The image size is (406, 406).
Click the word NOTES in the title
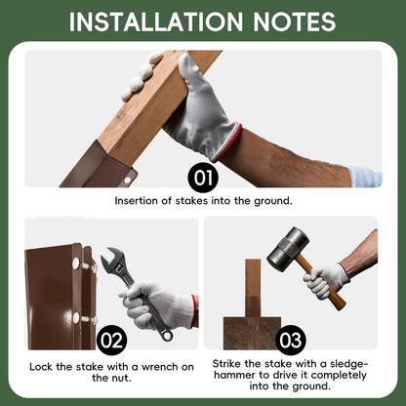click(x=294, y=21)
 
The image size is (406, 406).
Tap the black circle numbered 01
click(x=203, y=178)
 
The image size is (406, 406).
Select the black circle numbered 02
click(x=111, y=340)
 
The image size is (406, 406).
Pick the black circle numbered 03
click(x=291, y=340)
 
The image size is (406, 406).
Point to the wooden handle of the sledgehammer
click(x=322, y=283)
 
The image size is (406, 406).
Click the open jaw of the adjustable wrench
click(x=112, y=257)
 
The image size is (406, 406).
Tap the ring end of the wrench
click(x=167, y=335)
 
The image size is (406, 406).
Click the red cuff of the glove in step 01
click(x=227, y=143)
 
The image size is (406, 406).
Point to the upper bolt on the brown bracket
click(x=76, y=264)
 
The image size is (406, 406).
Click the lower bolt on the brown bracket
click(x=76, y=318)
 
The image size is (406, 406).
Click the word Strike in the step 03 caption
click(x=226, y=363)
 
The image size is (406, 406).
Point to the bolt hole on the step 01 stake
click(x=127, y=180)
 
